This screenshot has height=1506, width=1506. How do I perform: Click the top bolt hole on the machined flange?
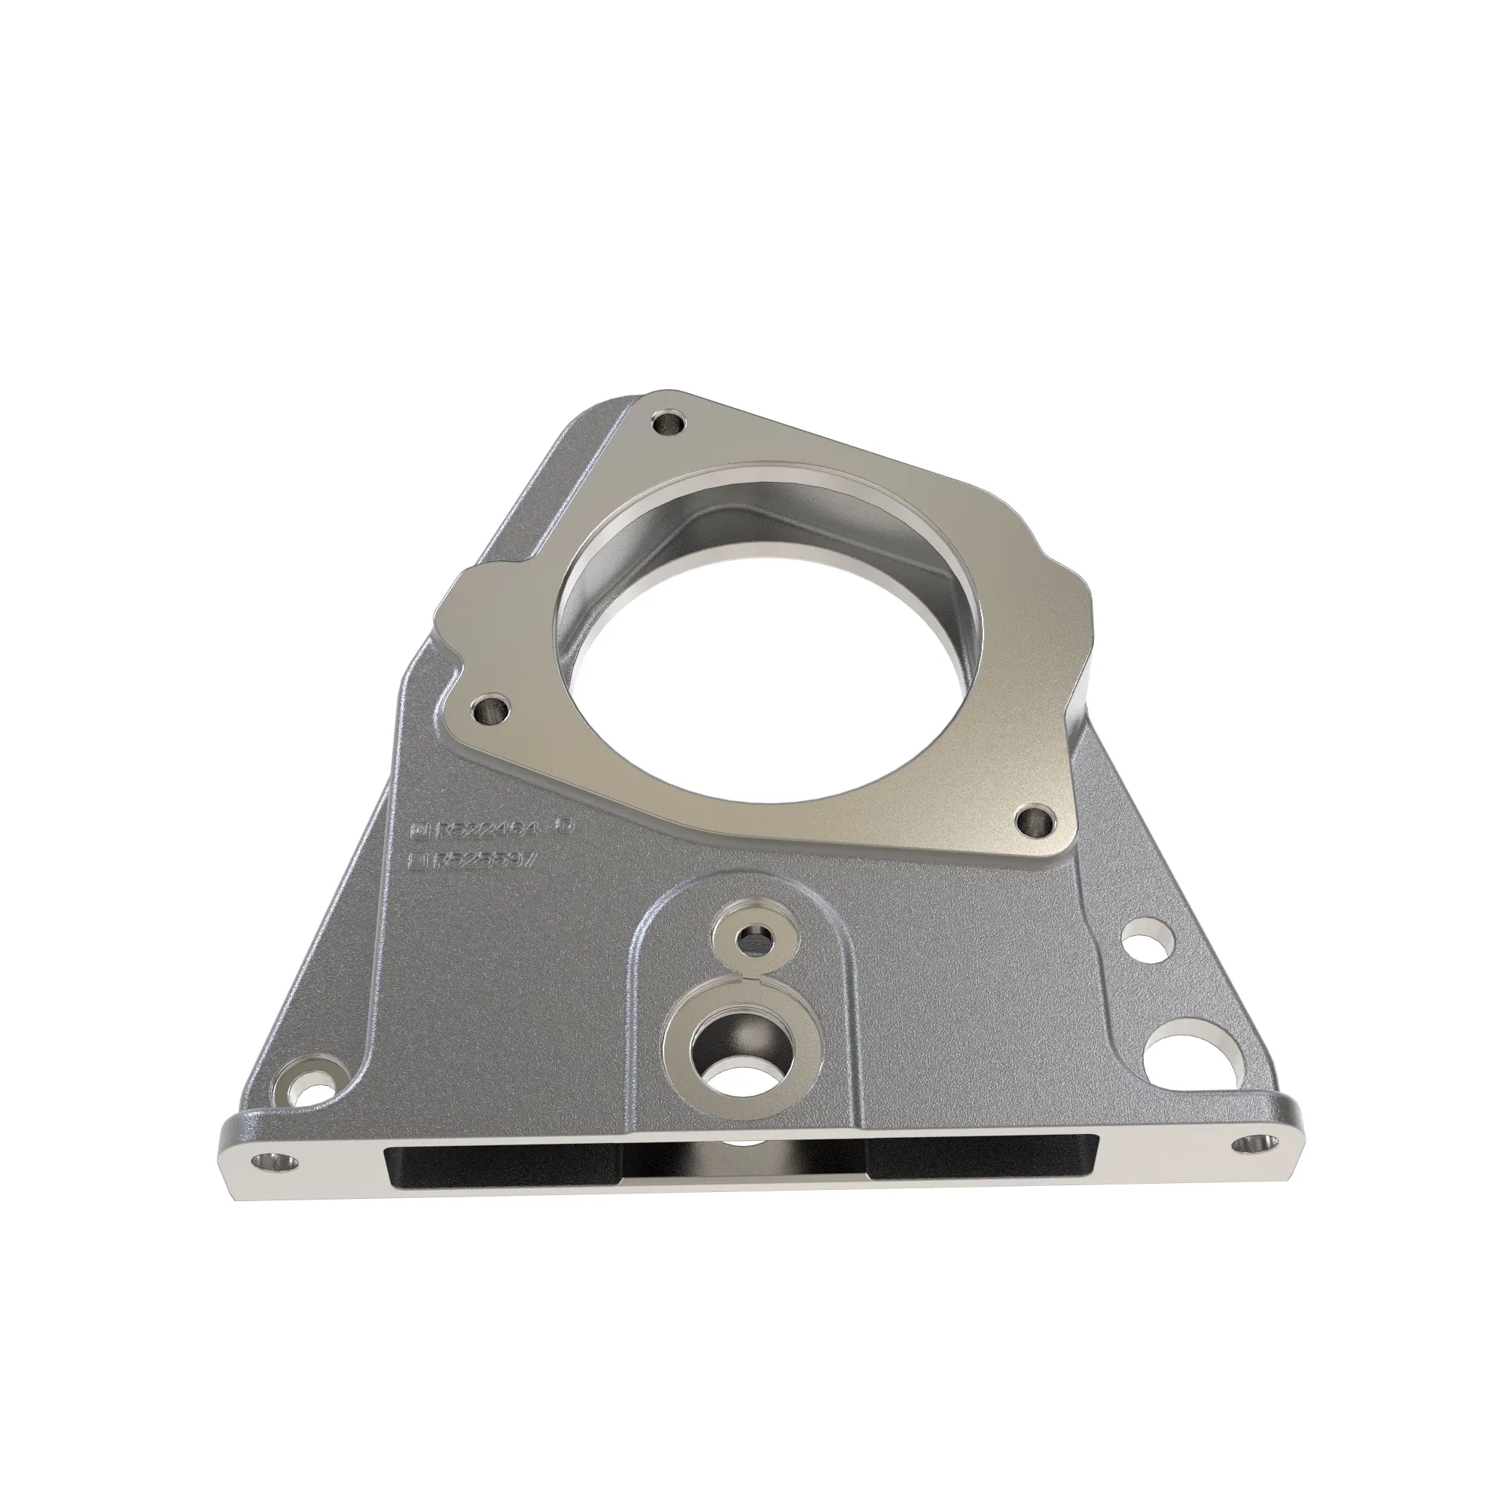click(x=669, y=425)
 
